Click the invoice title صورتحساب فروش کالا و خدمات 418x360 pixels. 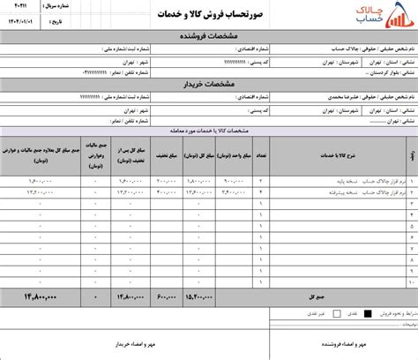point(210,16)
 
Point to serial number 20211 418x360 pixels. point(19,6)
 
